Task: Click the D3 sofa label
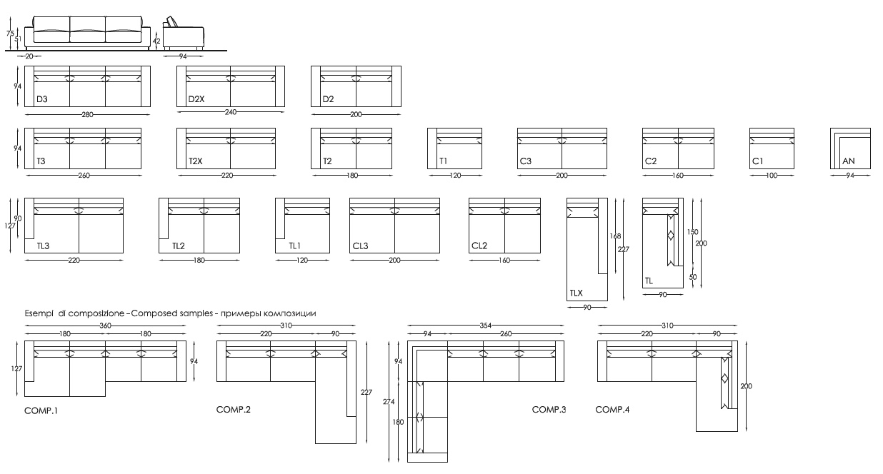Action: pyautogui.click(x=41, y=99)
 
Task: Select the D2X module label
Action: pyautogui.click(x=196, y=99)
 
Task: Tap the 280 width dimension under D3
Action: pyautogui.click(x=87, y=115)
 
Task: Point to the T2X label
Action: pyautogui.click(x=196, y=161)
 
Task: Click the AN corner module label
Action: pyautogui.click(x=848, y=161)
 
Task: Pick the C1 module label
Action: pyautogui.click(x=758, y=161)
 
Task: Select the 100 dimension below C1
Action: pyautogui.click(x=772, y=176)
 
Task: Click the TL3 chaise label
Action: pyautogui.click(x=43, y=246)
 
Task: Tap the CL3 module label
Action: pyautogui.click(x=360, y=246)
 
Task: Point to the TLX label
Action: pyautogui.click(x=576, y=293)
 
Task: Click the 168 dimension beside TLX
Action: pyautogui.click(x=615, y=236)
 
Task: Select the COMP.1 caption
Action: pyautogui.click(x=41, y=410)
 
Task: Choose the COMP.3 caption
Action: pyautogui.click(x=549, y=409)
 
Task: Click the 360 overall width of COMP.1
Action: pyautogui.click(x=105, y=326)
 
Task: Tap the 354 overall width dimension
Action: pyautogui.click(x=486, y=326)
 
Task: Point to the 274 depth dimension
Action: pyautogui.click(x=389, y=401)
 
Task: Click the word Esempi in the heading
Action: pyautogui.click(x=39, y=313)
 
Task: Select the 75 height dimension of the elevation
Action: pyautogui.click(x=10, y=34)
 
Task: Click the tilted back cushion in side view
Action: pyautogui.click(x=172, y=21)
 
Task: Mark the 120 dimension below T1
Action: pyautogui.click(x=455, y=176)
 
